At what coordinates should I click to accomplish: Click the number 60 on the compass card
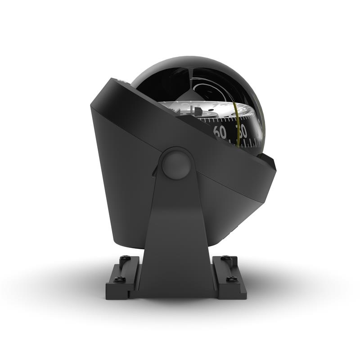click(220, 132)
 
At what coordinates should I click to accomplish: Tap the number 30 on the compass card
click(242, 132)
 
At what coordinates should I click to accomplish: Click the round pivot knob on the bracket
click(176, 164)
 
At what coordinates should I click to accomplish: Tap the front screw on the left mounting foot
click(119, 279)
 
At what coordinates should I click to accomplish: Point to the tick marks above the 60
click(219, 120)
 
